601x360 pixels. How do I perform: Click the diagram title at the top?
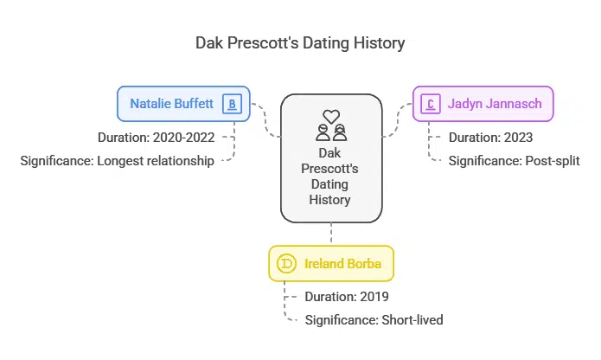point(300,42)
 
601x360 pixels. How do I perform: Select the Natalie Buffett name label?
point(172,104)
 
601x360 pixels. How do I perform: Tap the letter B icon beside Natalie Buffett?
point(231,104)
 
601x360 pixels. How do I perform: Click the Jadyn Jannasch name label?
point(495,104)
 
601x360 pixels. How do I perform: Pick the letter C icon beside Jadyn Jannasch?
point(429,105)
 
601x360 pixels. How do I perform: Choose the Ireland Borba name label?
point(342,263)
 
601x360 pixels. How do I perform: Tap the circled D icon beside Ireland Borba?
point(285,263)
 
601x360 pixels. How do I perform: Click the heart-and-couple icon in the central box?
point(330,125)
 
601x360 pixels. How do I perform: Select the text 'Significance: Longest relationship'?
point(117,160)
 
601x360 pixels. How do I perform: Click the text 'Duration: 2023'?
point(489,137)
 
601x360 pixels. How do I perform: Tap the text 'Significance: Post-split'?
point(507,160)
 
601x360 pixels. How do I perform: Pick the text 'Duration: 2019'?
point(347,296)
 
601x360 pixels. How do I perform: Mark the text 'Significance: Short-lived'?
point(374,319)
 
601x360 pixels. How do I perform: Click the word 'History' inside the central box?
point(330,200)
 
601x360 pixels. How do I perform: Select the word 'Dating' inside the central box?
point(330,184)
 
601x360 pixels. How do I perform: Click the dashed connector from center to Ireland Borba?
point(330,233)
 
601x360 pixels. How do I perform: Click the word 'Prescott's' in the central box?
point(330,168)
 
